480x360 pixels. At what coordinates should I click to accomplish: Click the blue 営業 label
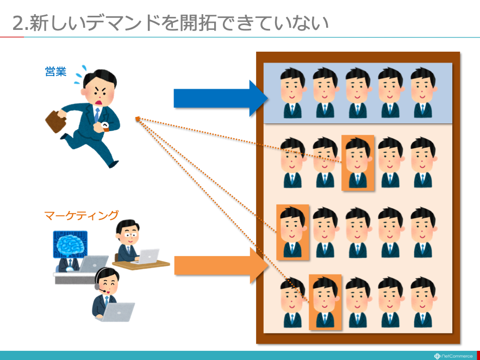point(55,72)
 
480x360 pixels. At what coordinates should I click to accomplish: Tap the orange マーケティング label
point(81,215)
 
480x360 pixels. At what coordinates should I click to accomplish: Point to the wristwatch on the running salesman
point(105,126)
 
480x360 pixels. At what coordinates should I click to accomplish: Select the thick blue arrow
point(220,98)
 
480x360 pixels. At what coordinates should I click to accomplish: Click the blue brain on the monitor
point(70,244)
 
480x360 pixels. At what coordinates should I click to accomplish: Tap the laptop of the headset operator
point(118,312)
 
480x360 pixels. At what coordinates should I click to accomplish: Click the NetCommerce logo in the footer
point(453,356)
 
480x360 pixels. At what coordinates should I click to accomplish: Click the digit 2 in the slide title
point(18,24)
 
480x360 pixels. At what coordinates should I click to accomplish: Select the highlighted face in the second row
point(358,163)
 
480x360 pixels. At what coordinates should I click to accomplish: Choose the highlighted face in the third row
point(292,232)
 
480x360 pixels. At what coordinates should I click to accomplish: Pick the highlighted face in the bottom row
point(325,302)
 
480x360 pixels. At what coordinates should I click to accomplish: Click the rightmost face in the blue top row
point(423,93)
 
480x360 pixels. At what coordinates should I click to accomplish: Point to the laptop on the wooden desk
point(147,256)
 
